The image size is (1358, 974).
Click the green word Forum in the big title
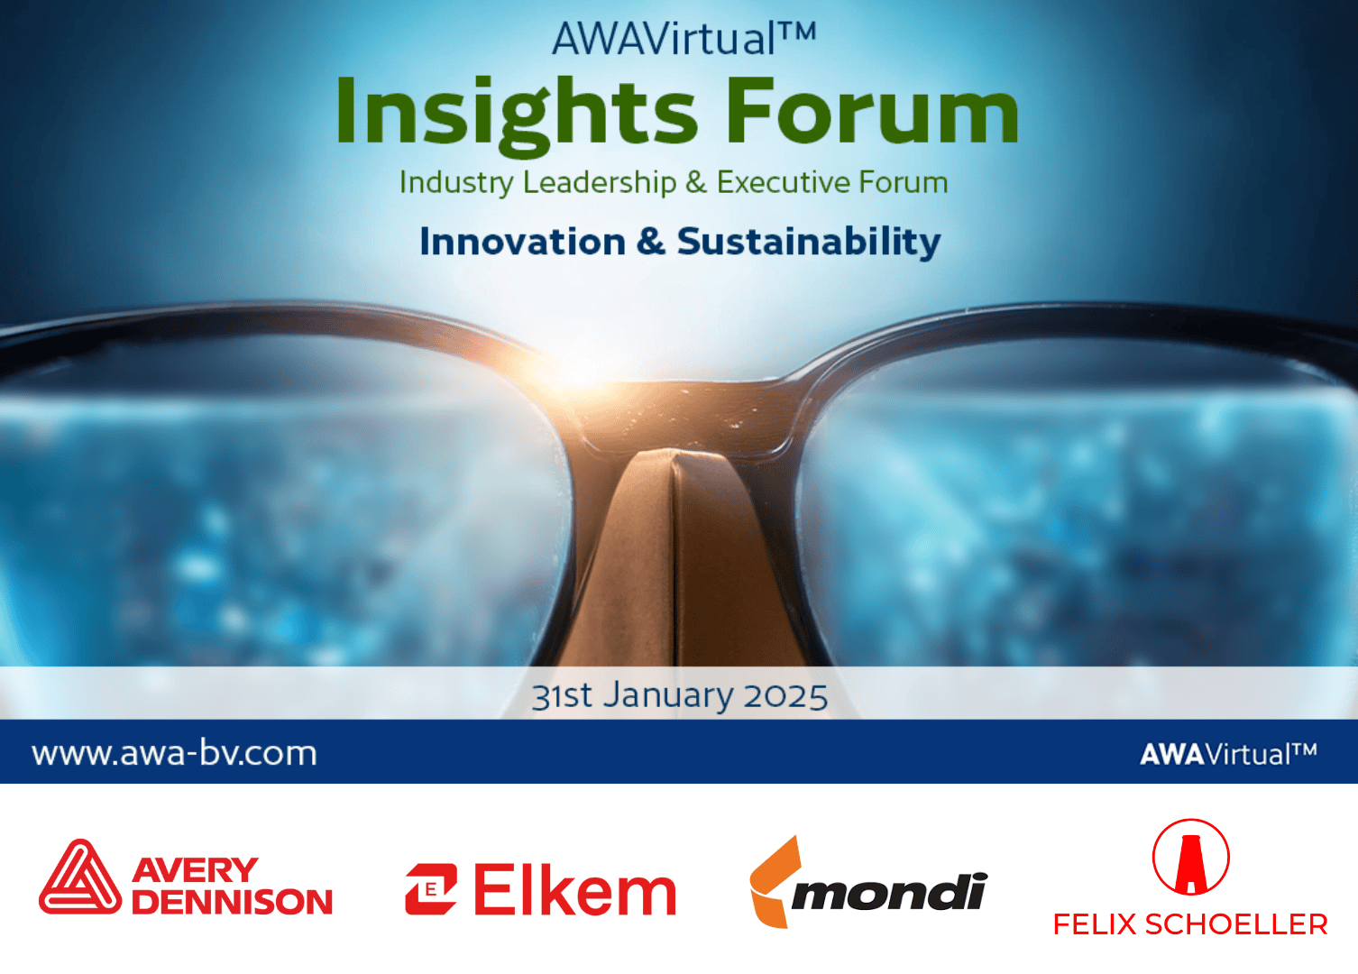click(x=872, y=111)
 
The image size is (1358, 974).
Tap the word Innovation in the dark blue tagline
click(x=523, y=242)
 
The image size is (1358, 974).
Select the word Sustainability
click(x=809, y=243)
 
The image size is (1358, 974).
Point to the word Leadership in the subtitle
click(x=599, y=182)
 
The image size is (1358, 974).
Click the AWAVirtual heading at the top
click(x=684, y=39)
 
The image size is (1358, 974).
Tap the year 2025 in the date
click(x=785, y=696)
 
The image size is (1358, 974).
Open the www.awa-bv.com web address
click(x=174, y=754)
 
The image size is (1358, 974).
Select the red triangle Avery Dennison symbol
click(x=80, y=877)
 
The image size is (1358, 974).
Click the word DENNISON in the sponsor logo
click(x=232, y=901)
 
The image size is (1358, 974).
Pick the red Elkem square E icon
click(x=431, y=889)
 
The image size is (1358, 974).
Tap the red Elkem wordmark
click(x=574, y=889)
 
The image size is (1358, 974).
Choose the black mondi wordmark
click(x=889, y=892)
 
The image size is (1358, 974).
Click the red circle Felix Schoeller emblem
click(x=1190, y=857)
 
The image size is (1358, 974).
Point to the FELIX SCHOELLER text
click(x=1190, y=925)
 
